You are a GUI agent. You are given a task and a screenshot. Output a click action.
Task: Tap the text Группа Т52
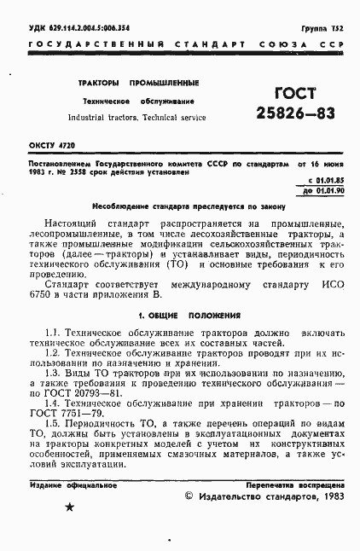coord(320,29)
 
